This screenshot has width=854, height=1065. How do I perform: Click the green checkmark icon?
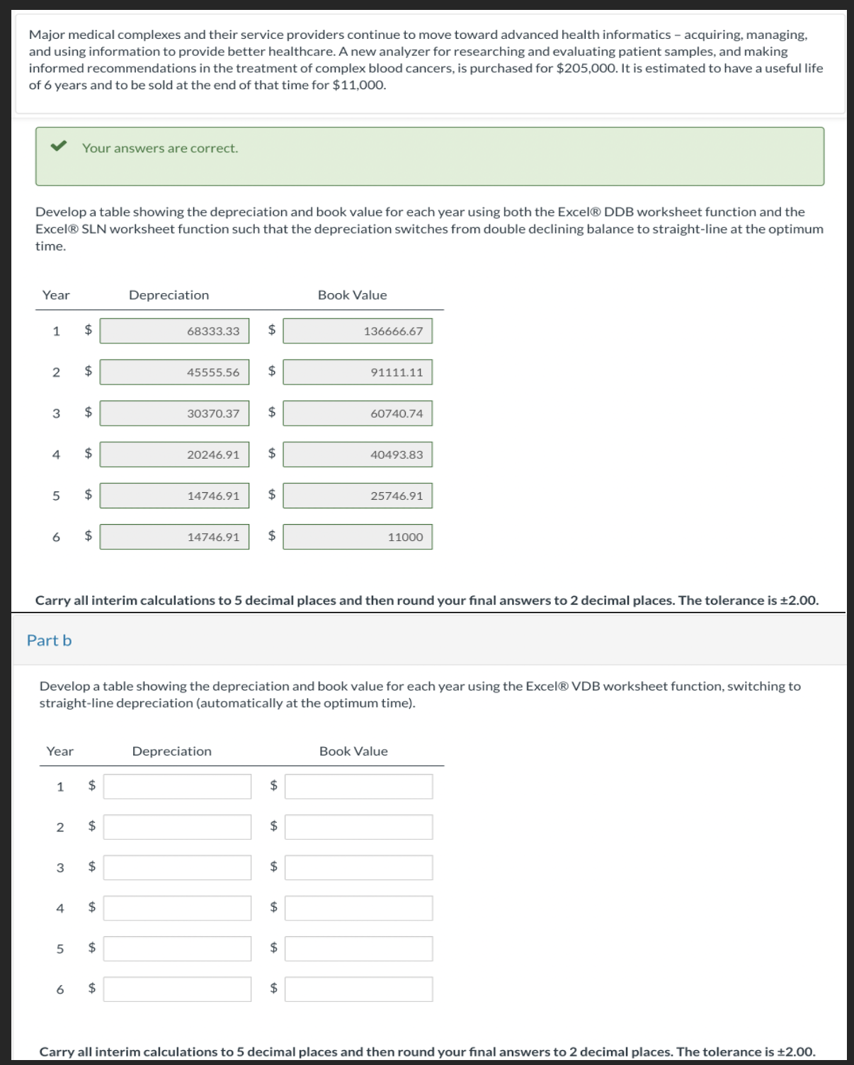58,147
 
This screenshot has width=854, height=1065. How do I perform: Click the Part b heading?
49,640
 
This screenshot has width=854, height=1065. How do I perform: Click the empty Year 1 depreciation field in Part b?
177,786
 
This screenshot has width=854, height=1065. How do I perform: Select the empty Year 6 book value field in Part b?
358,989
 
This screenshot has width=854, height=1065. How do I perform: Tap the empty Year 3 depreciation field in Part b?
177,867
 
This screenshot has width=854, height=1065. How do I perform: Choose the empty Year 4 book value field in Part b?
358,908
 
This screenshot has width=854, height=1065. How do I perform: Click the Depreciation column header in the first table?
169,295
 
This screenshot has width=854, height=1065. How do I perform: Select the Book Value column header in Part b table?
353,751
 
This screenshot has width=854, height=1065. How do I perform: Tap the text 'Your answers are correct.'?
160,148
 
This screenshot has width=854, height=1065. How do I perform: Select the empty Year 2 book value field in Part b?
358,827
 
